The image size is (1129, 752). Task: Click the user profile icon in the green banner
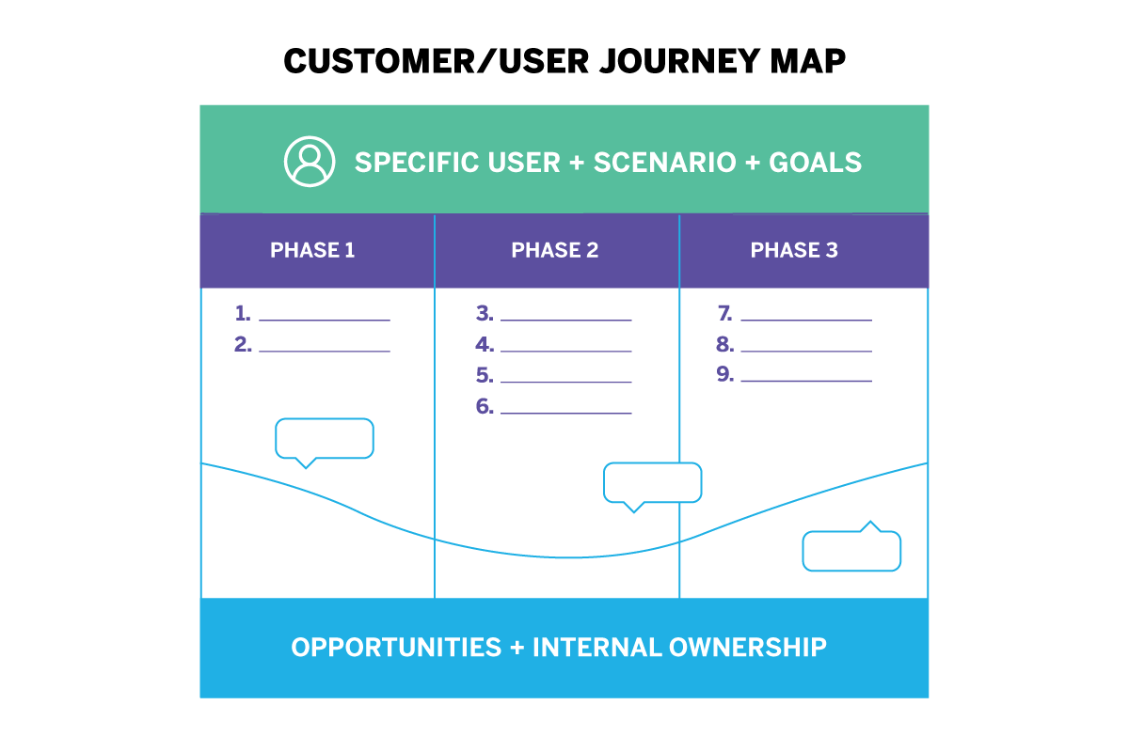click(310, 162)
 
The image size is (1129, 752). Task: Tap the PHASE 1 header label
click(312, 251)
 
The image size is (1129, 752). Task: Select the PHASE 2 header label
click(555, 251)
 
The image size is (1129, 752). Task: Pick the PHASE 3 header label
click(794, 251)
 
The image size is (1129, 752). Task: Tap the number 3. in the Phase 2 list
click(485, 314)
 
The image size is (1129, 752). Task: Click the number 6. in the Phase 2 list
click(485, 407)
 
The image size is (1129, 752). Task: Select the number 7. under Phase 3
click(724, 314)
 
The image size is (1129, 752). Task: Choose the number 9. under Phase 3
click(724, 375)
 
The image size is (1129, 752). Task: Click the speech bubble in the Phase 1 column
click(325, 439)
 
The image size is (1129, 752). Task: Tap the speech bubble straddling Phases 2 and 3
click(652, 483)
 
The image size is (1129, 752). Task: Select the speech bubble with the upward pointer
click(851, 550)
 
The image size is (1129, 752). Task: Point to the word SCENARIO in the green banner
click(665, 163)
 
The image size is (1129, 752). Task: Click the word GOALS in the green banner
click(815, 163)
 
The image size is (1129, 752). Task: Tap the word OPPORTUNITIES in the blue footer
click(396, 648)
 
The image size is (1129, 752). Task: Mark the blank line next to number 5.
click(565, 382)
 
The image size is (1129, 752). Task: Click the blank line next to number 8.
click(806, 351)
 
